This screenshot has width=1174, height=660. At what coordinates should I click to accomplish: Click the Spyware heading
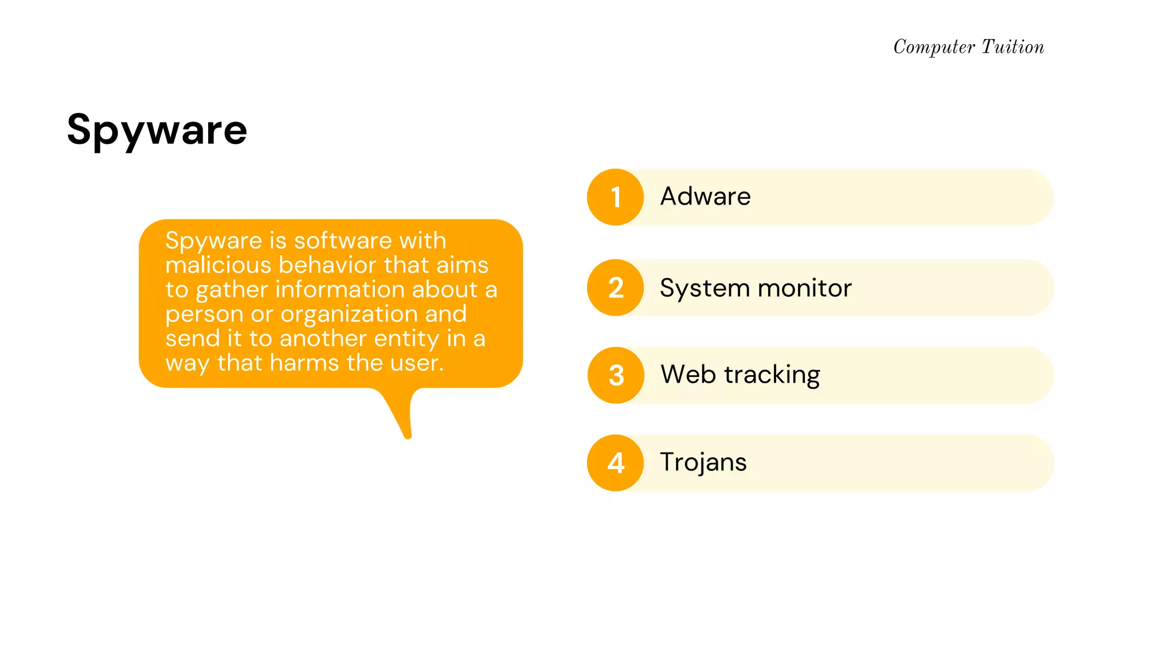pos(156,130)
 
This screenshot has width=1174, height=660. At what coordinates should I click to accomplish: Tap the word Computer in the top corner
pos(934,47)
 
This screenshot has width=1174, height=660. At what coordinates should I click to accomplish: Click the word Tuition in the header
pos(1013,47)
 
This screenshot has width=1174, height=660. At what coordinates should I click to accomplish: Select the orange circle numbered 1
pos(615,197)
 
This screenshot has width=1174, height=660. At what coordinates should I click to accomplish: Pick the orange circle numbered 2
pos(615,288)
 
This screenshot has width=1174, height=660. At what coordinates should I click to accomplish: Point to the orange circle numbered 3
pos(616,375)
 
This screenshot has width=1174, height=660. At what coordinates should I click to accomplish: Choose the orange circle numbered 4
pos(615,463)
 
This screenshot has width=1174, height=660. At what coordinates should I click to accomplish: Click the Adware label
pos(705,197)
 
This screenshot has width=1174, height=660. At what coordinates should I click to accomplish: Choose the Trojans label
pos(703,462)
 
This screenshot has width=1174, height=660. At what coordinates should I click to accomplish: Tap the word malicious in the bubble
pos(218,265)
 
